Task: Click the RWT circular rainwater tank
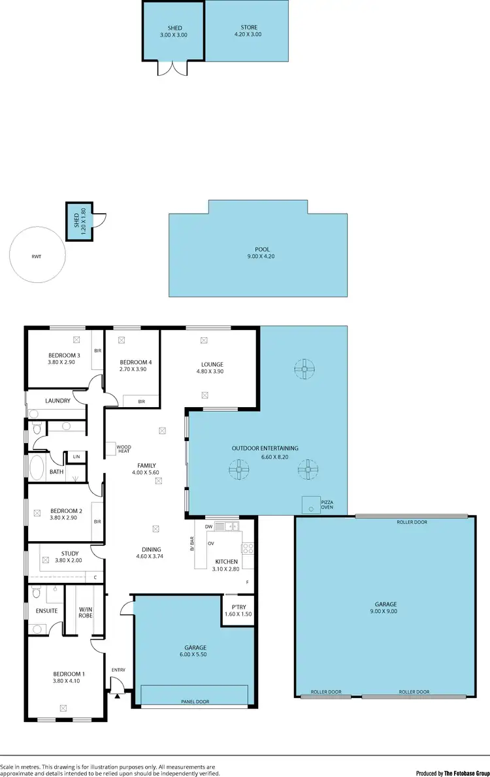tap(37, 256)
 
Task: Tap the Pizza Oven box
tap(311, 504)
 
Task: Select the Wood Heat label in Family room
tap(123, 449)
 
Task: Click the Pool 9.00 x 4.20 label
tap(262, 253)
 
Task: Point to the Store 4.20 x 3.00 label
tap(248, 31)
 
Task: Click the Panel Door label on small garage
tap(195, 702)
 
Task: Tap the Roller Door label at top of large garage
tap(412, 522)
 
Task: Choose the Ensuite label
tap(46, 611)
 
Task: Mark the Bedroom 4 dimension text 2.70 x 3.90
tap(133, 369)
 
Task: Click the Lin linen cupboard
tap(76, 456)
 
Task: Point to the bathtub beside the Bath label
tap(35, 468)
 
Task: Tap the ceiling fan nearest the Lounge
tap(304, 369)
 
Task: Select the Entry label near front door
tap(118, 670)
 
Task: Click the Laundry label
tap(57, 401)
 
